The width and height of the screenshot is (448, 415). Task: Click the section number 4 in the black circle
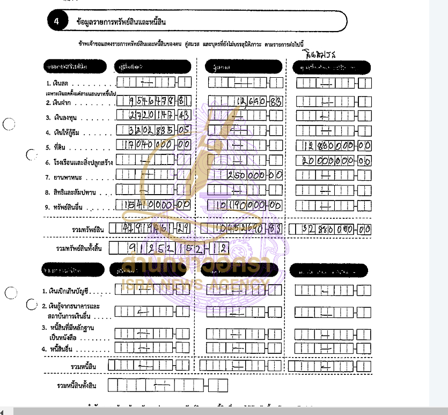click(x=57, y=21)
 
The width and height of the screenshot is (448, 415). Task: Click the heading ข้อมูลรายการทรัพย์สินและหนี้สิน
click(x=121, y=21)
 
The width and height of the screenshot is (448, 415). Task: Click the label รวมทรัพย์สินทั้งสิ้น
click(x=79, y=248)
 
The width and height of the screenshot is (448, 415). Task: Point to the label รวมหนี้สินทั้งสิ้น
click(x=77, y=386)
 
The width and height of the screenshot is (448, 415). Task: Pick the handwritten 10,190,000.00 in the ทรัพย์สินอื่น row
click(x=245, y=205)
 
